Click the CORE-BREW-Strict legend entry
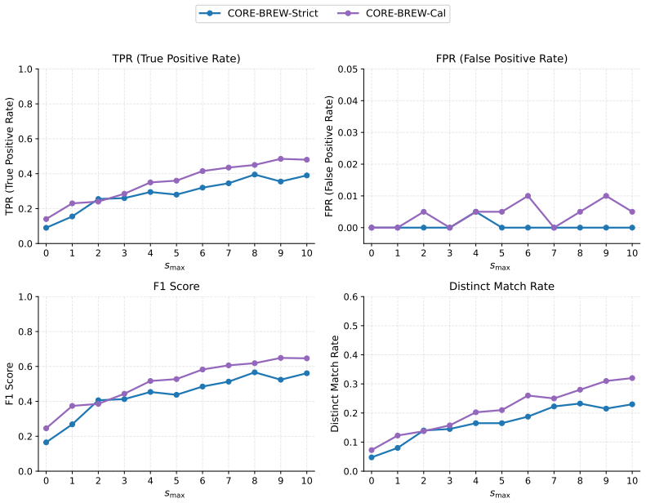coord(259,13)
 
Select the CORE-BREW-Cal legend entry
coord(391,13)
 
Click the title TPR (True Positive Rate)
coord(176,59)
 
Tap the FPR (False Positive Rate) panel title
coord(501,59)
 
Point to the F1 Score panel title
coord(176,287)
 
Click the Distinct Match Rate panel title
coord(501,287)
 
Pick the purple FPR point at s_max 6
coord(528,196)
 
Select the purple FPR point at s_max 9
coord(606,196)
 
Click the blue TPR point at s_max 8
coord(255,175)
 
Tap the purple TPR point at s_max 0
coord(46,219)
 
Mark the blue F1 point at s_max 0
coord(46,443)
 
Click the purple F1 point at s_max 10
coord(307,358)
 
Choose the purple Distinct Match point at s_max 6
coord(528,395)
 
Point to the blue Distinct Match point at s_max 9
coord(606,408)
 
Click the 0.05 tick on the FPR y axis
coord(348,69)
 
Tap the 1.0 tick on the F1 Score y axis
coord(25,296)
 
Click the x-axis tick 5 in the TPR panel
coord(176,253)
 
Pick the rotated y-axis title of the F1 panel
coord(10,384)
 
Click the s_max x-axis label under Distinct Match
coord(500,493)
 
